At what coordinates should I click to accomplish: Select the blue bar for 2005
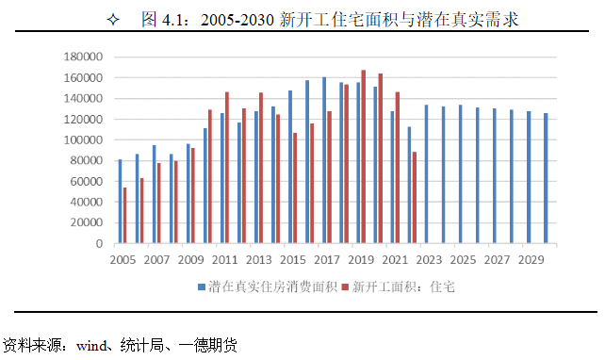click(x=120, y=202)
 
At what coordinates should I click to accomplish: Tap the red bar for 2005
click(x=125, y=216)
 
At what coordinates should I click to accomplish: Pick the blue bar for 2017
click(x=324, y=160)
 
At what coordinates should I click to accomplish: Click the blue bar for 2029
click(x=529, y=178)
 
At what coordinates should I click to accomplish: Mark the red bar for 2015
click(x=295, y=188)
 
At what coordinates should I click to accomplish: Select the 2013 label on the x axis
click(x=259, y=258)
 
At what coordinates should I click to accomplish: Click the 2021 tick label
click(x=396, y=258)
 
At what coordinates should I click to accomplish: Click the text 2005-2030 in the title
click(x=238, y=19)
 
